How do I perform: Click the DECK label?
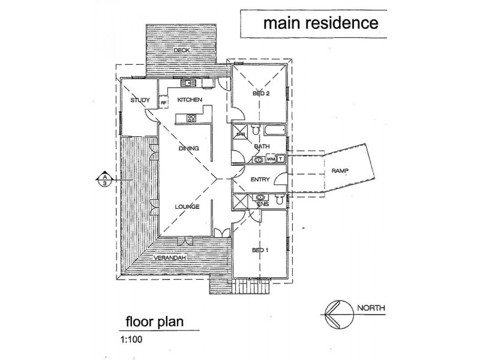tap(182, 50)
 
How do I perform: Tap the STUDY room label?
tap(140, 100)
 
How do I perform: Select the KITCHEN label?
tap(190, 100)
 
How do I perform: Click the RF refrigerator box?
tap(164, 103)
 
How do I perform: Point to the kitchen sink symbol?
tap(188, 83)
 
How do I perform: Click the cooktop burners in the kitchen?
tap(191, 118)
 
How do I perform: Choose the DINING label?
tap(189, 148)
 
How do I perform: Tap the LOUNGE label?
tap(187, 207)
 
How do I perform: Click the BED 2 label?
tap(261, 94)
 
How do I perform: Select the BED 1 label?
tap(260, 250)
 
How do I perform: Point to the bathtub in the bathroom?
tap(275, 131)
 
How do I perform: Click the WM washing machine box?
tap(271, 159)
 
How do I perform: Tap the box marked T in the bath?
tap(281, 159)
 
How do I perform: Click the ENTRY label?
tap(260, 179)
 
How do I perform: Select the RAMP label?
tap(340, 171)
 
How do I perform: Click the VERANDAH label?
tap(170, 258)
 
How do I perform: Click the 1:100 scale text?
tap(131, 340)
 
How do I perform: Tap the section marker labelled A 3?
tap(105, 179)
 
